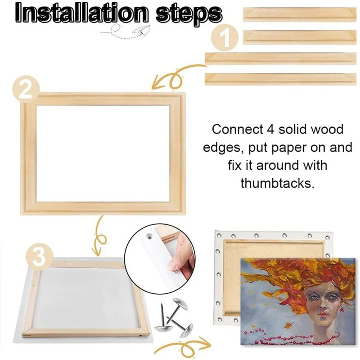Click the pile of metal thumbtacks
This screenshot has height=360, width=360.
coord(173,318)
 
